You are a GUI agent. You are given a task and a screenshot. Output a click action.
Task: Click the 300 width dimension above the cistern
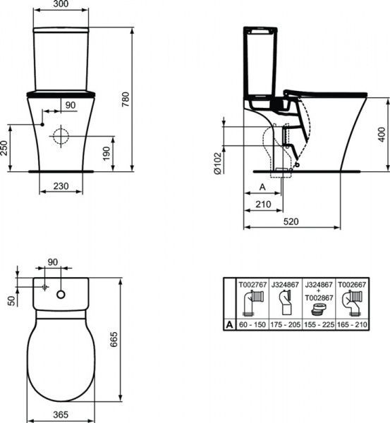pyautogui.click(x=61, y=5)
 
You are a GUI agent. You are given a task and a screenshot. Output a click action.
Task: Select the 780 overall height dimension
pyautogui.click(x=126, y=101)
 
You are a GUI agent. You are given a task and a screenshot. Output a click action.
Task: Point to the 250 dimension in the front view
pyautogui.click(x=5, y=147)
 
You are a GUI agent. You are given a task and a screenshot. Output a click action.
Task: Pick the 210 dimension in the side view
pyautogui.click(x=262, y=204)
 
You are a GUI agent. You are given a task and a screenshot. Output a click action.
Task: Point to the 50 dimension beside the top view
pyautogui.click(x=10, y=300)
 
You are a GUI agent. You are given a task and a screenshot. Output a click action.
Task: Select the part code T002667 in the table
pyautogui.click(x=351, y=284)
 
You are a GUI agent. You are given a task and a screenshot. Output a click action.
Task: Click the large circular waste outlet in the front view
pyautogui.click(x=61, y=135)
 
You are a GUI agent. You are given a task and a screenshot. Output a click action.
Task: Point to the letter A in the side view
pyautogui.click(x=260, y=188)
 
